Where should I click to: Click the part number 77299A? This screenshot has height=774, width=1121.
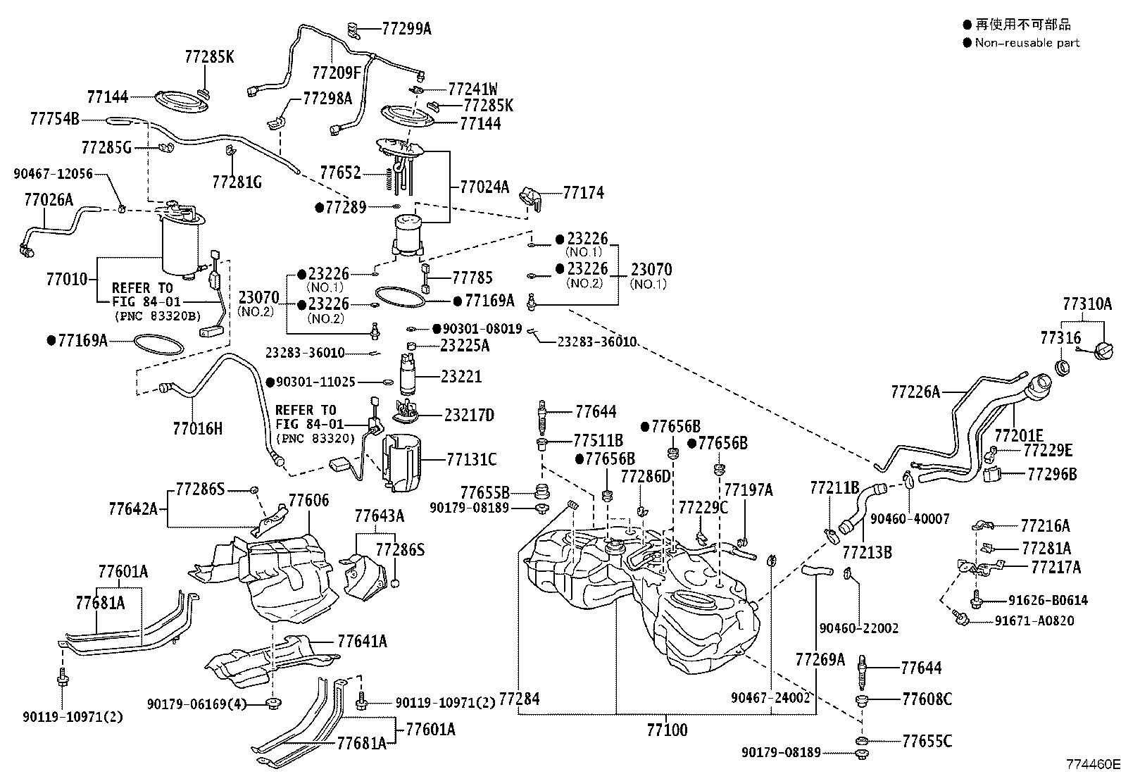pos(406,29)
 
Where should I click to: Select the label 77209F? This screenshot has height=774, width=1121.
pos(337,73)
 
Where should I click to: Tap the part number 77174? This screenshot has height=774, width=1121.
pos(584,193)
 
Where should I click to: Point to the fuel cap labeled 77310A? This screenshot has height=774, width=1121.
pos(1105,350)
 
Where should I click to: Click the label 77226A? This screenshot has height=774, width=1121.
pos(915,392)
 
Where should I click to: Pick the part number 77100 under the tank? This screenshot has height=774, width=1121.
pos(667,730)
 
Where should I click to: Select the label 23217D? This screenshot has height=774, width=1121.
pos(469,415)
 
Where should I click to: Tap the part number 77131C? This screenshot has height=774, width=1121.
pos(471,459)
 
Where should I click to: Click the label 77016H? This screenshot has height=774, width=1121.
pos(198,429)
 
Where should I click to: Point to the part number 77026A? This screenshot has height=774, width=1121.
pos(49,200)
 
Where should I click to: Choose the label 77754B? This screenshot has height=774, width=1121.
pos(54,119)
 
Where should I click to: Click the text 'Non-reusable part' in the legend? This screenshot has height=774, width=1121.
pos(1027,43)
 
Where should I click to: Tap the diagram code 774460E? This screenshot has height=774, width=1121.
pos(1092,764)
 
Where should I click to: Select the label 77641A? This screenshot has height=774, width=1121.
pos(363,642)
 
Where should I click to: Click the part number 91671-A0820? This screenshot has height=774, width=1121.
pos(1034,620)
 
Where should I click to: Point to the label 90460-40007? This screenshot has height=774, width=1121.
pos(910,519)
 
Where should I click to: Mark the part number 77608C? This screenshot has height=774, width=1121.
pos(927,699)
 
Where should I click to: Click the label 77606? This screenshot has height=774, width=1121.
pos(309,500)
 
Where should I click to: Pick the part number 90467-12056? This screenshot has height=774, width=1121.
pos(53,174)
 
